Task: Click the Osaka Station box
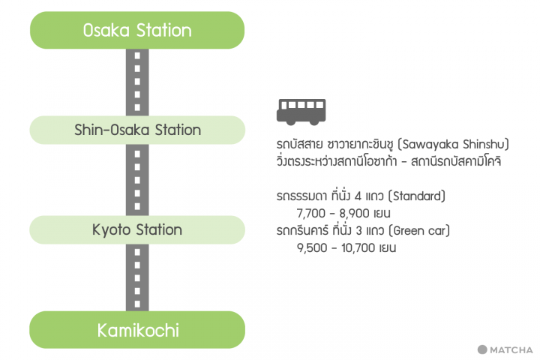click(x=137, y=31)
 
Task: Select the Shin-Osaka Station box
click(x=137, y=130)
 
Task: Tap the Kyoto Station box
click(x=137, y=229)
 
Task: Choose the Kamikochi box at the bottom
click(x=137, y=329)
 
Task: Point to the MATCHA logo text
click(x=511, y=349)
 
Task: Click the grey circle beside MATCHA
click(x=482, y=349)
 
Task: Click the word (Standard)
click(x=417, y=196)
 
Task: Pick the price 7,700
click(x=310, y=214)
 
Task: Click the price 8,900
click(x=354, y=214)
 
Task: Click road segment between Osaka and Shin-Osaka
click(x=137, y=82)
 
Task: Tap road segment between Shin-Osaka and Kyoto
click(x=137, y=180)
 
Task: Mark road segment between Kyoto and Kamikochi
click(x=137, y=277)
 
